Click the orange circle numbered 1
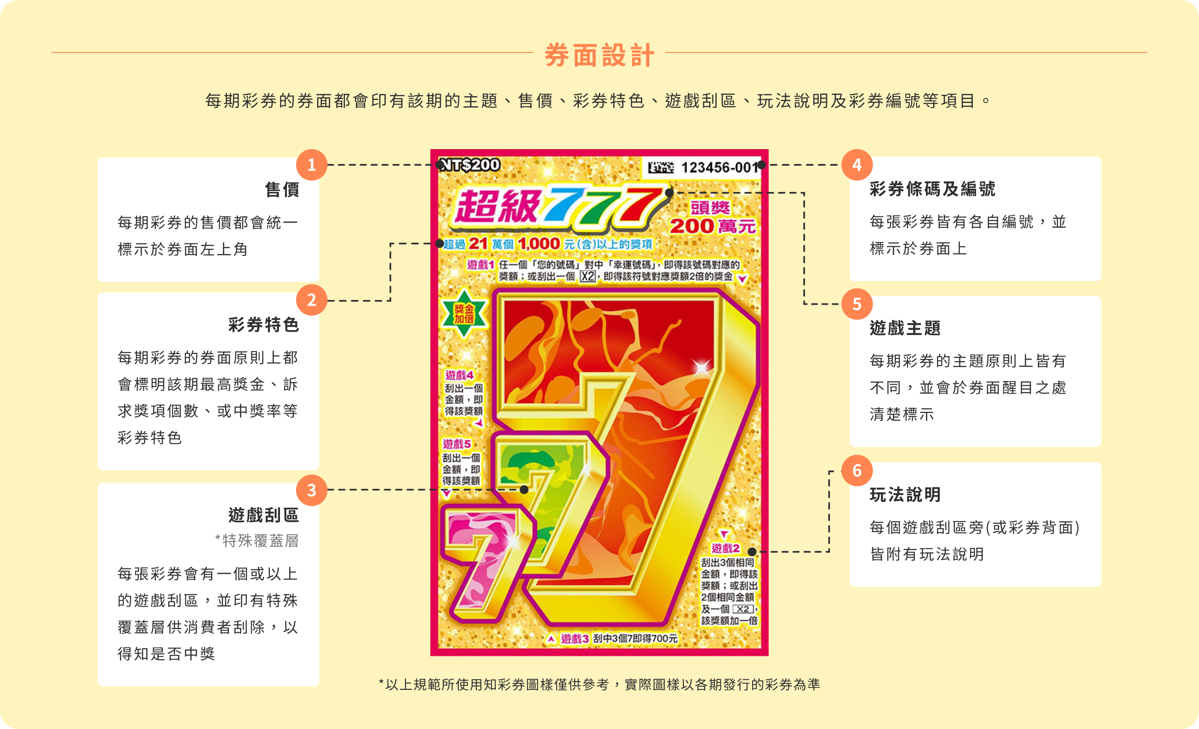pyautogui.click(x=311, y=165)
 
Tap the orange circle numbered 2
pyautogui.click(x=311, y=300)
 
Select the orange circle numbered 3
pyautogui.click(x=311, y=490)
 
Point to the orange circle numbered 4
pyautogui.click(x=857, y=165)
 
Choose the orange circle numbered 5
pyautogui.click(x=857, y=304)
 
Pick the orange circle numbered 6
pyautogui.click(x=857, y=470)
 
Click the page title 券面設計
pyautogui.click(x=599, y=55)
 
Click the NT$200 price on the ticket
pyautogui.click(x=469, y=165)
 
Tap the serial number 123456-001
pyautogui.click(x=719, y=168)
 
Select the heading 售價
pyautogui.click(x=282, y=190)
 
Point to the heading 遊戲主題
pyautogui.click(x=905, y=328)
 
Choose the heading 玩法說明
pyautogui.click(x=905, y=495)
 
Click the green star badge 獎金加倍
pyautogui.click(x=464, y=313)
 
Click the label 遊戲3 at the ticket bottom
pyautogui.click(x=575, y=638)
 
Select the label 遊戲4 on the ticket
pyautogui.click(x=459, y=375)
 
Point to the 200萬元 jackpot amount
pyautogui.click(x=713, y=226)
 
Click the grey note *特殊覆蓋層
pyautogui.click(x=257, y=541)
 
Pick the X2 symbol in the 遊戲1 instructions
pyautogui.click(x=588, y=277)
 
